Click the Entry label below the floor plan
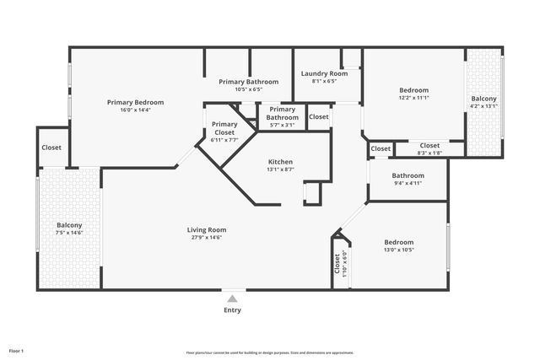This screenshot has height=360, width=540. [x=232, y=310]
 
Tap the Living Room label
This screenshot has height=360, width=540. [x=207, y=229]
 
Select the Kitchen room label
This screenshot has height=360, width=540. [x=280, y=162]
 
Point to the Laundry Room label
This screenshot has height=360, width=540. [x=324, y=73]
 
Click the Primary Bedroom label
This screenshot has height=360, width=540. [x=135, y=102]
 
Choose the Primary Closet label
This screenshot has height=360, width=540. [x=224, y=128]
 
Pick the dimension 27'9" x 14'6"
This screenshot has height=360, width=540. [x=207, y=237]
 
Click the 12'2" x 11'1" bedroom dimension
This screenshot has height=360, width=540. [x=413, y=98]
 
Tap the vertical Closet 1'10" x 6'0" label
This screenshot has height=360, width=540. [x=340, y=265]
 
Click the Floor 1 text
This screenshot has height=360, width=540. [x=16, y=350]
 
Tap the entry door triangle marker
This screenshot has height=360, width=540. [x=233, y=296]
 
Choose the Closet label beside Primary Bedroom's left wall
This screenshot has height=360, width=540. [x=51, y=148]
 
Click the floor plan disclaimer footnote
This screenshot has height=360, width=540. [x=269, y=352]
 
